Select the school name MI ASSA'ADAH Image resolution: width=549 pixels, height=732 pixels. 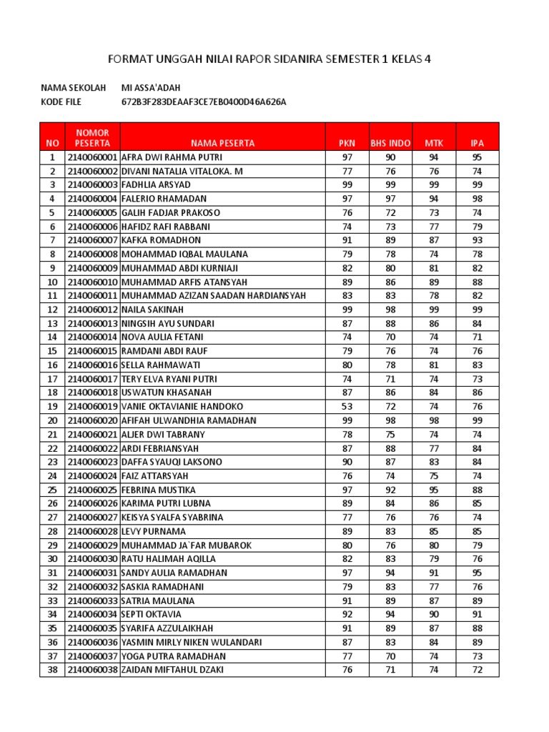point(152,88)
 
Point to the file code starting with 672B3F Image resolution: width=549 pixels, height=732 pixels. point(204,102)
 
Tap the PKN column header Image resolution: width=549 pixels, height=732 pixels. point(347,143)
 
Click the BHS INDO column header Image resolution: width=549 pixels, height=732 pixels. point(390,143)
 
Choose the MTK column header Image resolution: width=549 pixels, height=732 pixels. point(434,143)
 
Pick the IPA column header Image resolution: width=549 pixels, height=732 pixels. point(477,143)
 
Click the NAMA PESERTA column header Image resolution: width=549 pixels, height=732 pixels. point(222,143)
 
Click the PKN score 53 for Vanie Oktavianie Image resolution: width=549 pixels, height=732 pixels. point(347,407)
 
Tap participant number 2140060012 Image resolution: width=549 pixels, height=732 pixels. point(92,310)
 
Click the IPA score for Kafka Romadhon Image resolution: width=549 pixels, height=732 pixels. point(477,240)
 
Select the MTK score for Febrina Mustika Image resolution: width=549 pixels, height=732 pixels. point(434,490)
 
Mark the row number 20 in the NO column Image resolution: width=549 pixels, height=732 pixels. point(52,420)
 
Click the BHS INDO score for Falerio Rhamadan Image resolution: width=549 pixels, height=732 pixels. point(390,199)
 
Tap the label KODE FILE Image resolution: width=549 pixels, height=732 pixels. point(61,102)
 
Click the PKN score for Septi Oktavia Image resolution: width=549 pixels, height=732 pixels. point(347,614)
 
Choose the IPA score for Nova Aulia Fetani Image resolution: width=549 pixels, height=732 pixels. point(477,337)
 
